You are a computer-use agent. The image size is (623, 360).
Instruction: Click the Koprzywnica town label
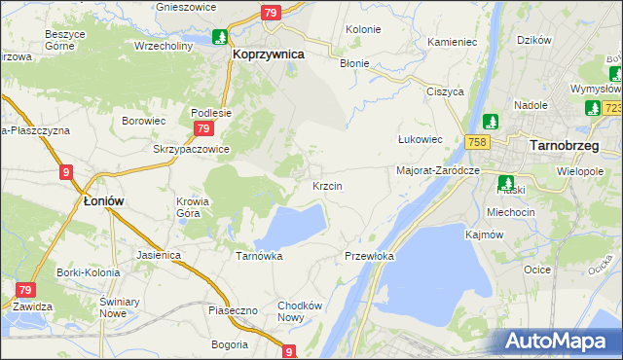click(269, 55)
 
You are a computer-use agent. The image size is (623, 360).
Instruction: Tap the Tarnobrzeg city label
click(564, 145)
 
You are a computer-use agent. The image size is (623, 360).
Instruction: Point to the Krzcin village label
click(326, 185)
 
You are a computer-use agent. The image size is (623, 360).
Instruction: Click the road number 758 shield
click(476, 143)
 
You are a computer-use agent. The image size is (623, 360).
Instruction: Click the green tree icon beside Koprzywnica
click(221, 37)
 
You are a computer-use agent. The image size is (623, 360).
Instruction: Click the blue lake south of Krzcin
click(291, 228)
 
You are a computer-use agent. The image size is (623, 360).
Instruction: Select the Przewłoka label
click(369, 256)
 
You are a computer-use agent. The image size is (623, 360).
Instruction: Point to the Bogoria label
click(231, 344)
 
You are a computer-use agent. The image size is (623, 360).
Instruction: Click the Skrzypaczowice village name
click(191, 149)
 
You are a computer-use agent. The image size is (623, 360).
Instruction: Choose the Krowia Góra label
click(193, 208)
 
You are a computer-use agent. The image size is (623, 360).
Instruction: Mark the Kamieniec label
click(452, 43)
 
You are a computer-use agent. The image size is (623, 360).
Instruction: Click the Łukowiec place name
click(421, 139)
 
